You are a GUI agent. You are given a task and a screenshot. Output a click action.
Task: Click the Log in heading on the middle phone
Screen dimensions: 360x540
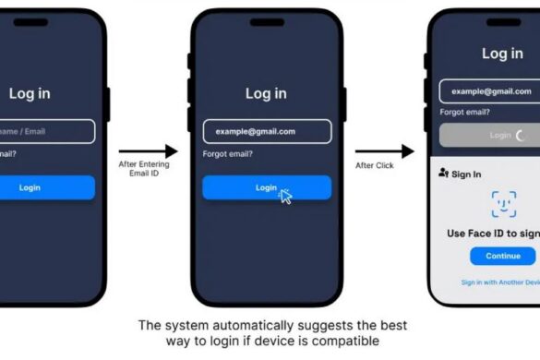(x=266, y=93)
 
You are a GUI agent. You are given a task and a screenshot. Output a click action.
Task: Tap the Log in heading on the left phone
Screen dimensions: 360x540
(x=30, y=93)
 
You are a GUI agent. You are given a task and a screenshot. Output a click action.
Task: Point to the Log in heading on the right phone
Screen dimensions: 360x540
(x=502, y=54)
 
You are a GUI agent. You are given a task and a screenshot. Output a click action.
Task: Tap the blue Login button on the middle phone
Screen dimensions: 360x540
(x=266, y=187)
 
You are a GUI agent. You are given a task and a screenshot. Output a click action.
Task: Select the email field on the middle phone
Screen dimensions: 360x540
(x=266, y=131)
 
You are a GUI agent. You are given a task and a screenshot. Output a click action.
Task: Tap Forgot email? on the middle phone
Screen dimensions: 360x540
(x=228, y=154)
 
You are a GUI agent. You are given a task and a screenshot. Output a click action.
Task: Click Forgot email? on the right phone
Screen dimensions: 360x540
(x=464, y=113)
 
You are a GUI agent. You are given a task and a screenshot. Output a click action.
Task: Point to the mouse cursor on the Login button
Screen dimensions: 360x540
(x=285, y=196)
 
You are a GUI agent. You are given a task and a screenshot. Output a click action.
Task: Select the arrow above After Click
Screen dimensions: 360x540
(x=385, y=150)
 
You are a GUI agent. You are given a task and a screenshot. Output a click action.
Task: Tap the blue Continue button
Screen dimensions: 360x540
(x=503, y=256)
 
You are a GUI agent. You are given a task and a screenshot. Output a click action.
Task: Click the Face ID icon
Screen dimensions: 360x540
(x=503, y=203)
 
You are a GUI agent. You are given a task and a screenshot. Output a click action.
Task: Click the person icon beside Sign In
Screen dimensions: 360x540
(x=444, y=174)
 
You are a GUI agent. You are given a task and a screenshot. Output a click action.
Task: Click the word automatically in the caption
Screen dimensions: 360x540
(x=234, y=325)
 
